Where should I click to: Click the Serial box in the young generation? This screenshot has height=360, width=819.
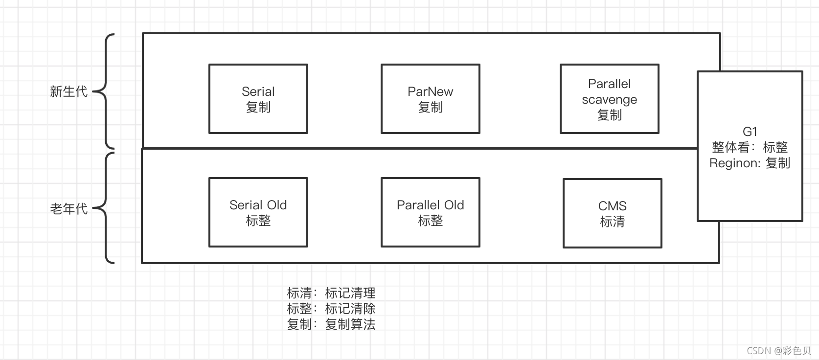(258, 99)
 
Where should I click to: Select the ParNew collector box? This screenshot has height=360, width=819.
(430, 99)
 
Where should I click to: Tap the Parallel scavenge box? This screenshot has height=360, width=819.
(609, 99)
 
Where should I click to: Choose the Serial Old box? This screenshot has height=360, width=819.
(258, 212)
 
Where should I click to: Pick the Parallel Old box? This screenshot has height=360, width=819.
(430, 212)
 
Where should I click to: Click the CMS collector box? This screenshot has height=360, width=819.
(612, 213)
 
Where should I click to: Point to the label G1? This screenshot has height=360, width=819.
(750, 132)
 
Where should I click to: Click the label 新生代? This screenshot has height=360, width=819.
(68, 91)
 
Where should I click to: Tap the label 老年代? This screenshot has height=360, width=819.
(68, 209)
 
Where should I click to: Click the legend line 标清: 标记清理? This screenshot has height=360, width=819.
(331, 293)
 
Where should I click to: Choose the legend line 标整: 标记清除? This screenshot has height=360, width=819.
(331, 309)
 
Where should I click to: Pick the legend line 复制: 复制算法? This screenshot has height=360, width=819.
(331, 324)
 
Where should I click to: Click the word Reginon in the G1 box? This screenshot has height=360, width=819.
(732, 163)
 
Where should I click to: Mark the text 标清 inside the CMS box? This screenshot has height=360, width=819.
(612, 222)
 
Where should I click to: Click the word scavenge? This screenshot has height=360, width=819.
(609, 99)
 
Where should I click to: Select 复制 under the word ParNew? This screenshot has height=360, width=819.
(430, 107)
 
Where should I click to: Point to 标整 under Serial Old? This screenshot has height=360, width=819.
(258, 221)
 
